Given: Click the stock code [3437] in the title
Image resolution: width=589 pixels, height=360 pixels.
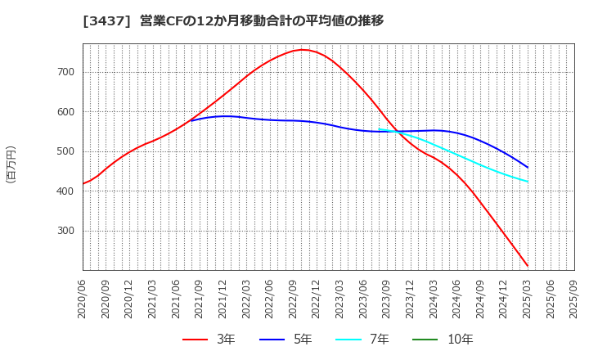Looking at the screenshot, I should tap(101, 20).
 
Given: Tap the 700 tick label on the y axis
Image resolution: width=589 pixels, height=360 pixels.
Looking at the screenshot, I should tap(65, 72).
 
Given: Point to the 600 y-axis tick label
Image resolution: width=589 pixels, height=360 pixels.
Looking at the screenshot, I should tap(65, 112).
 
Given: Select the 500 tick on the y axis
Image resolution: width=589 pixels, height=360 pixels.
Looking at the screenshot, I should tap(65, 151).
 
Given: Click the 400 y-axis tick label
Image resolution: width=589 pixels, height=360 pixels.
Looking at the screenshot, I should tap(65, 191).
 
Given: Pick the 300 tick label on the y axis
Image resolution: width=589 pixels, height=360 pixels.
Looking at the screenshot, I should tap(65, 231).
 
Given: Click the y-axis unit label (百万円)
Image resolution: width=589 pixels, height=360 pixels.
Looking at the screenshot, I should tap(11, 164).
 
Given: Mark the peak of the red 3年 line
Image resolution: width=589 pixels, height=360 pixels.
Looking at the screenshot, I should tap(302, 50).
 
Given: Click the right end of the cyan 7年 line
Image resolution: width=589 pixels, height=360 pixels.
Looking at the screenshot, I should tap(528, 182).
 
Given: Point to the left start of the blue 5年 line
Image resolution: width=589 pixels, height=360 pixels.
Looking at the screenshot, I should tap(191, 120).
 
